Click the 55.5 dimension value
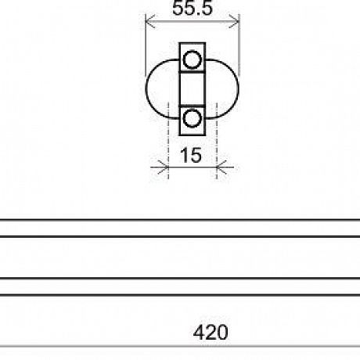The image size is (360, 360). pyautogui.click(x=193, y=8)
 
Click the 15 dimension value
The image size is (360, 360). pyautogui.click(x=191, y=155)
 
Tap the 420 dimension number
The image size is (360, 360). pyautogui.click(x=211, y=332)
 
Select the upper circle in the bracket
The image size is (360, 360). pyautogui.click(x=193, y=59)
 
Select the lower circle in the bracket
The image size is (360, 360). pyautogui.click(x=193, y=118)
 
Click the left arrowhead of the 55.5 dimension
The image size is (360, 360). pyautogui.click(x=150, y=21)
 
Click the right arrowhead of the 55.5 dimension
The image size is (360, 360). pyautogui.click(x=234, y=21)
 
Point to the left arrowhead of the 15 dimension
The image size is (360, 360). pyautogui.click(x=164, y=167)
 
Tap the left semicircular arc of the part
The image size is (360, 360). pyautogui.click(x=146, y=89)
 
